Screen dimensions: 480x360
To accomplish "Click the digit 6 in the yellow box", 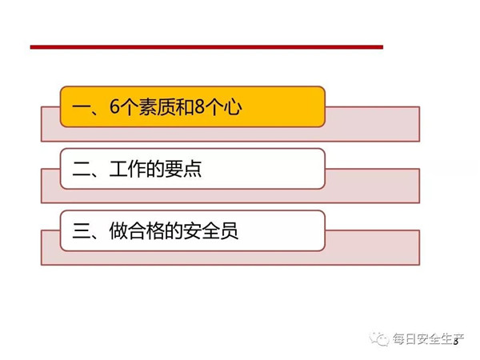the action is [x=114, y=107].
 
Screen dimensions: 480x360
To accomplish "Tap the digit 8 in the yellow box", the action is [x=199, y=107].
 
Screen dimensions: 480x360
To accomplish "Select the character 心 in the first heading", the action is [x=233, y=107].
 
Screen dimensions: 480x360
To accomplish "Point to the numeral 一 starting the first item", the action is [x=81, y=108].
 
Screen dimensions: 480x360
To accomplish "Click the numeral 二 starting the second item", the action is [x=81, y=170].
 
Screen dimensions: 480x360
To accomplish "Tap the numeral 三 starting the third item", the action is [x=81, y=231].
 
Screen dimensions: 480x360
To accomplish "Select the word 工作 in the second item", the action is [x=128, y=169].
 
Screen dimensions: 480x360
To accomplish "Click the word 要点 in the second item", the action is [x=183, y=169].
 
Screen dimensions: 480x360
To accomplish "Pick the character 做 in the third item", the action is [x=118, y=230].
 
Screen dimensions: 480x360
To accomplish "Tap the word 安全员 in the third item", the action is [x=210, y=230].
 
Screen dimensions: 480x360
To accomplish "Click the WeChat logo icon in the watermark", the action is [x=379, y=338].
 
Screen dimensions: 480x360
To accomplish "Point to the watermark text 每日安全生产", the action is [x=429, y=339].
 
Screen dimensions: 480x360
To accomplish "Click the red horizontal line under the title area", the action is [x=206, y=47].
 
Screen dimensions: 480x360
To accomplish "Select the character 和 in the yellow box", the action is [x=185, y=107].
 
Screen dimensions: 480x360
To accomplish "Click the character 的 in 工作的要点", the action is [x=155, y=169].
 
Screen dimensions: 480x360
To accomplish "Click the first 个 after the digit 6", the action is [x=129, y=107].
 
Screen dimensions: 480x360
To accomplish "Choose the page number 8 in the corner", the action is [x=456, y=342].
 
